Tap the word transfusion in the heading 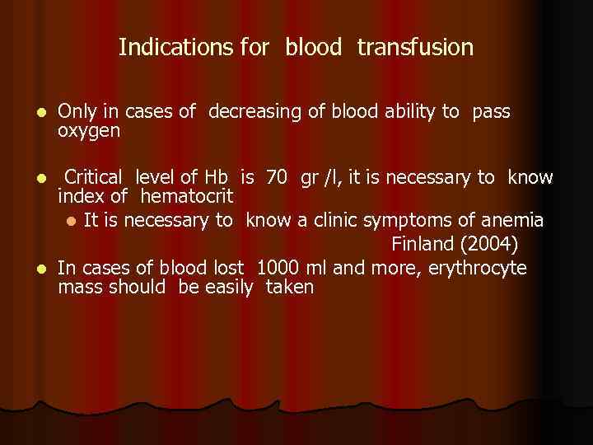(415, 48)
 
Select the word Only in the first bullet (77, 112)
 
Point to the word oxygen (89, 131)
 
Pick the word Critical (94, 177)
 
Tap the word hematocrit (187, 197)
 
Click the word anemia (515, 220)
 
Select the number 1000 (279, 268)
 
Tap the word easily (218, 288)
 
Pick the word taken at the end (290, 288)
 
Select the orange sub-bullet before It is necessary (72, 221)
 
